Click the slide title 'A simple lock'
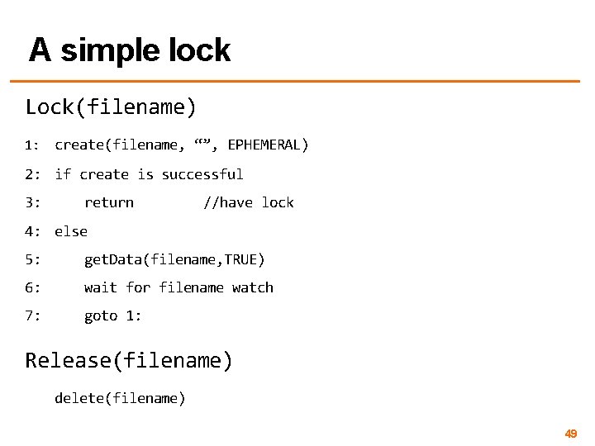click(x=130, y=50)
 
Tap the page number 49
click(x=570, y=433)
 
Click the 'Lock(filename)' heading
click(x=111, y=107)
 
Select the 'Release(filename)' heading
click(x=129, y=360)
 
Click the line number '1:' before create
click(x=33, y=146)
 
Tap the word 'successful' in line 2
click(x=202, y=174)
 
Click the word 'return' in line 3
click(x=108, y=202)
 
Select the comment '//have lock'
click(x=248, y=202)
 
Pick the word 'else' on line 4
click(x=71, y=231)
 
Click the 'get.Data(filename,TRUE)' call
click(x=174, y=259)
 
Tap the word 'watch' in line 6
click(x=253, y=287)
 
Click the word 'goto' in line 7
click(x=101, y=316)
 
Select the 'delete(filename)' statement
click(x=120, y=398)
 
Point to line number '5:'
click(x=33, y=259)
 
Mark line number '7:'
click(x=33, y=316)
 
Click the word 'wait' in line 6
click(x=101, y=287)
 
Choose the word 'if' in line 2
click(x=63, y=174)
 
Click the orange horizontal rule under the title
click(x=297, y=81)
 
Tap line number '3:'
click(x=33, y=202)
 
